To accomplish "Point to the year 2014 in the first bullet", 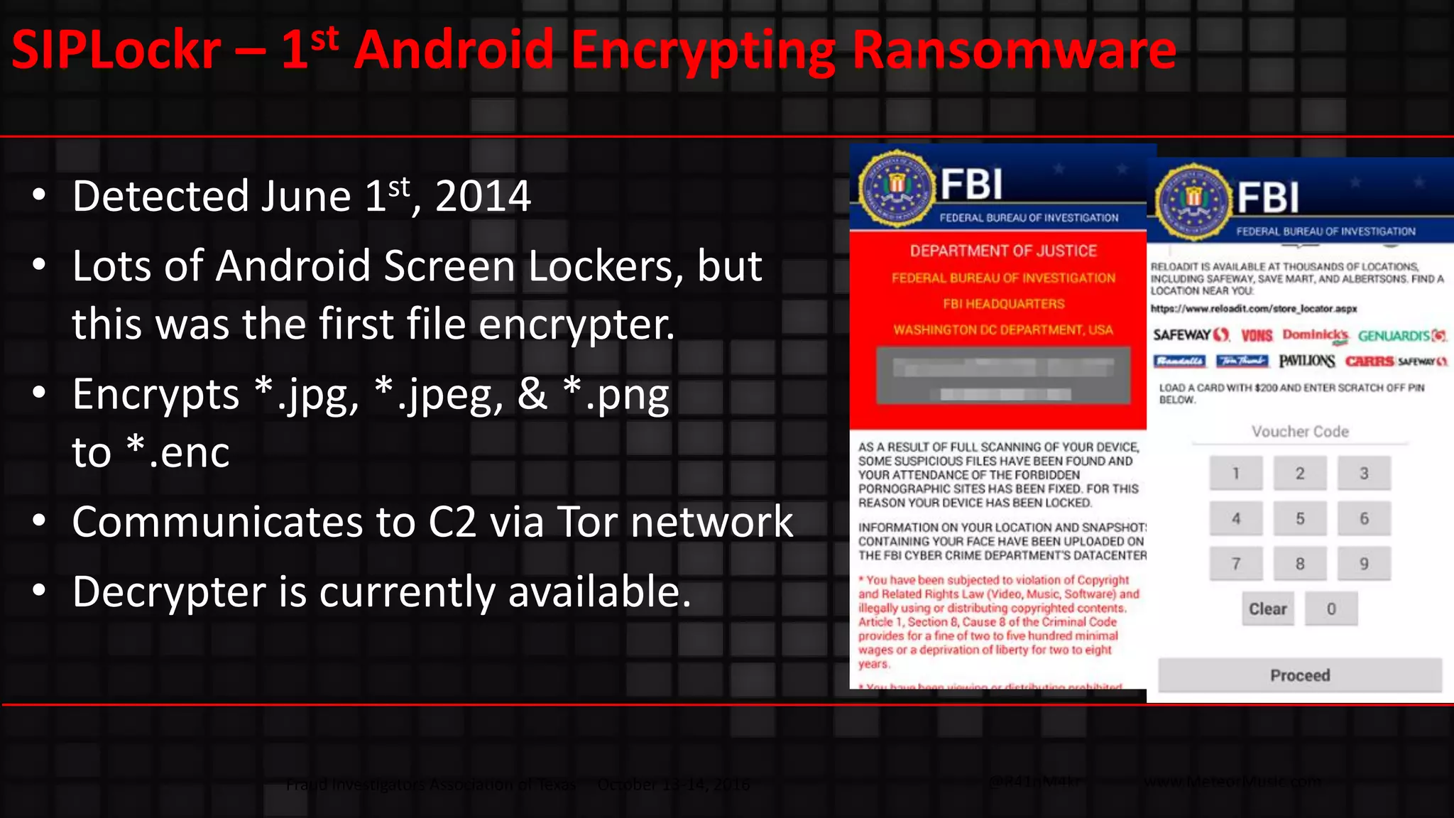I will pos(483,196).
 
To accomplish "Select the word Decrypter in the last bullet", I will pos(169,591).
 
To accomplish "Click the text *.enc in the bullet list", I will pos(178,452).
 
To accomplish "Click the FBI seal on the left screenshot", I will pos(897,188).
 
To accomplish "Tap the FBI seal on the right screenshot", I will pos(1193,202).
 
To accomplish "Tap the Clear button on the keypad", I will pos(1267,609).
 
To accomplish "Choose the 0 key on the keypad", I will pos(1331,609).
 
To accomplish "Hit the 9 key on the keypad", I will pos(1363,564).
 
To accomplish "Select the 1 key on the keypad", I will pos(1236,474).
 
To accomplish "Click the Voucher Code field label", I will pos(1300,432).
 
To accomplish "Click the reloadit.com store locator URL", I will pos(1254,309).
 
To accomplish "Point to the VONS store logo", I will pos(1257,336).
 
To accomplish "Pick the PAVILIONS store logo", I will pos(1306,361).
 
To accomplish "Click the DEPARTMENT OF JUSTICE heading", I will pos(1003,251).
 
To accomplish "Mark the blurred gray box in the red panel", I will pos(1003,376).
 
